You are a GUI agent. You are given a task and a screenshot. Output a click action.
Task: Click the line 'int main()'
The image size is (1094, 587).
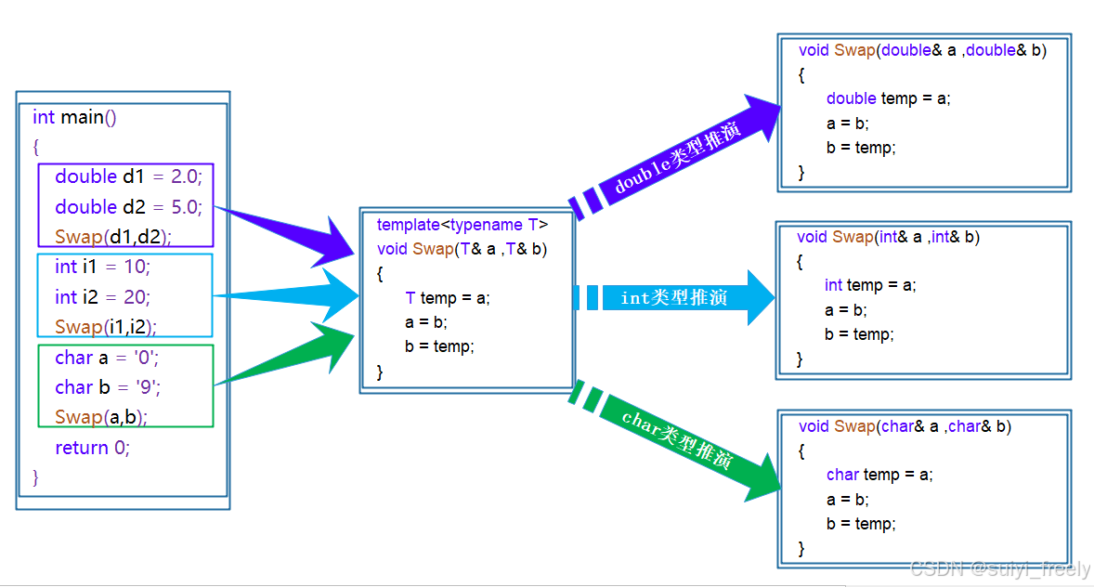(74, 117)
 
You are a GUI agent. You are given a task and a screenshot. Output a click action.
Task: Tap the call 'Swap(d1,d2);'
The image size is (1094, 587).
(113, 236)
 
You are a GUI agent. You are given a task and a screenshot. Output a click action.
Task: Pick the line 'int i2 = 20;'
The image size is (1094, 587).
(102, 297)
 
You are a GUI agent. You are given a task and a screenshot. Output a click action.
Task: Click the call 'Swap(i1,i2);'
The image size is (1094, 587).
(105, 327)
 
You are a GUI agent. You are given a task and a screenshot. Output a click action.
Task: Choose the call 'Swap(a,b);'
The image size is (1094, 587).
(101, 416)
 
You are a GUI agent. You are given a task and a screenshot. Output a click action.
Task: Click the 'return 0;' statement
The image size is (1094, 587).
(92, 448)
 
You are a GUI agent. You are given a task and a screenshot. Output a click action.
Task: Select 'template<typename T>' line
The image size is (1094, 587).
(462, 225)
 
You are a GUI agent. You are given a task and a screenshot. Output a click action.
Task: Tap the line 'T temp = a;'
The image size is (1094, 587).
(447, 298)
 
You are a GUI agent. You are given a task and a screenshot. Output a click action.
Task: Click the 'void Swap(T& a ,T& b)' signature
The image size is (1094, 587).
(462, 249)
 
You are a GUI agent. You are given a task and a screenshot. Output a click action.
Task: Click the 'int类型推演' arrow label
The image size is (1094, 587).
(672, 298)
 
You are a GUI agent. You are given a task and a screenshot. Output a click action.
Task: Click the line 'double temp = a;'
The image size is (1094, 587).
(888, 98)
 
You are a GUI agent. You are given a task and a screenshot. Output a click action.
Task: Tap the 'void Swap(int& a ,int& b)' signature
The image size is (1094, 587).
(888, 237)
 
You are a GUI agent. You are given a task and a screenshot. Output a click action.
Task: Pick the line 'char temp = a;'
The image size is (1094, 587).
(879, 475)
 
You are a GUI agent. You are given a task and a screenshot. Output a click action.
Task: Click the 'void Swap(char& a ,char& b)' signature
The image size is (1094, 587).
(905, 426)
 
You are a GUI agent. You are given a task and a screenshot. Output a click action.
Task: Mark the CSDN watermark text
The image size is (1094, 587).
(999, 568)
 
